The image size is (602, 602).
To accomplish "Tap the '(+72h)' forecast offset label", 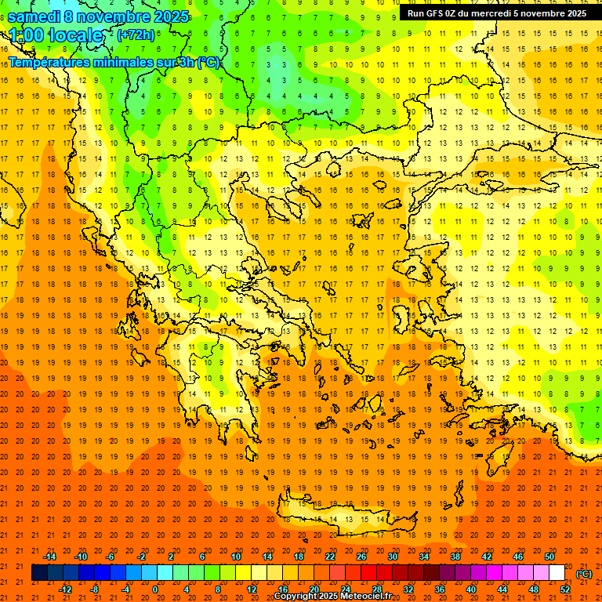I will point(136,35).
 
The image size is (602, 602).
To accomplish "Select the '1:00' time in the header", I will point(25,35).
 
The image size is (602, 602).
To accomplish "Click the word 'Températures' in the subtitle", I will point(46,63).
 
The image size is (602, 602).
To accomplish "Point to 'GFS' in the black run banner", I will point(437,13).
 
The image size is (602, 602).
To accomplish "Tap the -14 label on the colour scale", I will point(49,557).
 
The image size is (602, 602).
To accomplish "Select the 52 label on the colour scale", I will point(565,589).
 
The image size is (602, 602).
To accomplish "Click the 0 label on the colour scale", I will point(154,589).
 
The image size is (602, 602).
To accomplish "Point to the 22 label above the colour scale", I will point(330,557).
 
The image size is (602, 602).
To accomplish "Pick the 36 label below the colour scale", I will point(439,589).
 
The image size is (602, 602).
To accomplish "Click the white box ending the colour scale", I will point(557,573).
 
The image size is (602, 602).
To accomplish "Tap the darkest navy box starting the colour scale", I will point(39,573).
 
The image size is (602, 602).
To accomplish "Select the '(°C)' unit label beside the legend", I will point(584,574).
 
